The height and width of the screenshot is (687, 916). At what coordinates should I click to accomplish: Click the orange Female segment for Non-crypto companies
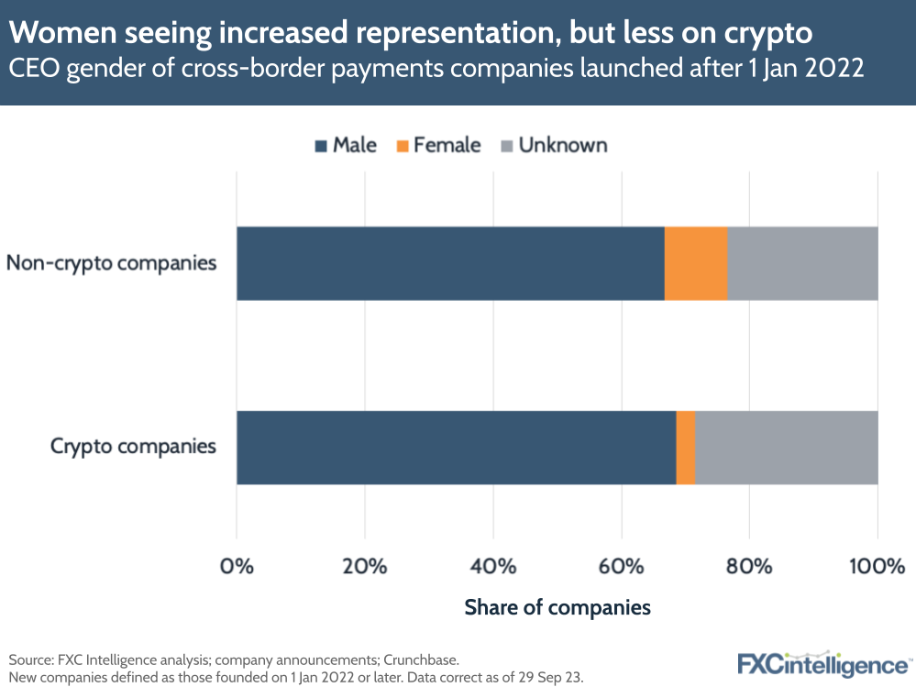point(695,263)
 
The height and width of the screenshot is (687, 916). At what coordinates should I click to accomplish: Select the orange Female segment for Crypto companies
point(685,447)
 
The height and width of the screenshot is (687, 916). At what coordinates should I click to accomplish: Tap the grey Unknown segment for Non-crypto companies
point(802,263)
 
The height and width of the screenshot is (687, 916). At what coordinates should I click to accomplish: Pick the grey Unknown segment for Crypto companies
point(786,447)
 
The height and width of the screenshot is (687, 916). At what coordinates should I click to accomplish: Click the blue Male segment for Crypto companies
point(456,447)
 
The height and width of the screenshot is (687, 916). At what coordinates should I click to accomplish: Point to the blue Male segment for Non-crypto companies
point(449,263)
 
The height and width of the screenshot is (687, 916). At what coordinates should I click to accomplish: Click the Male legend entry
point(345,145)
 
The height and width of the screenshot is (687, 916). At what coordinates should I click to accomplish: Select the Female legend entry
point(438,145)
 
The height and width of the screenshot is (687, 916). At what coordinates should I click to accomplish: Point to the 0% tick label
point(237,566)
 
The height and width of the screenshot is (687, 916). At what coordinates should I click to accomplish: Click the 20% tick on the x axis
point(365,566)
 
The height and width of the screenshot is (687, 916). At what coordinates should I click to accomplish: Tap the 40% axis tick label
point(493,566)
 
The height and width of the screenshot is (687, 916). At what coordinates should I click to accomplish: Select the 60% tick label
point(622,566)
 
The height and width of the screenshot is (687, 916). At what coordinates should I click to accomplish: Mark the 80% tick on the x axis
point(749,566)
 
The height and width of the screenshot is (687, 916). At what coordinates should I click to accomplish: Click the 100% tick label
point(876,566)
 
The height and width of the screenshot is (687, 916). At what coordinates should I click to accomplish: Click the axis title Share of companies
point(557,607)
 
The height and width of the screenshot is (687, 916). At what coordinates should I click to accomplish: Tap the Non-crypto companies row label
point(111,263)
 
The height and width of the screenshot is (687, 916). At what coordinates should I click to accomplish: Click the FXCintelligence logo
point(823,662)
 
